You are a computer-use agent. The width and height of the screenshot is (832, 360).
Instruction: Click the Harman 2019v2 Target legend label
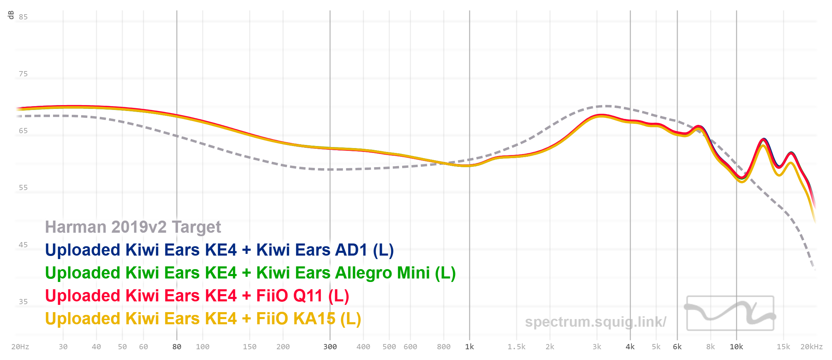(x=133, y=227)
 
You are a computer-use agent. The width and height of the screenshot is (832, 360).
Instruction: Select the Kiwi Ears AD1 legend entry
(x=219, y=250)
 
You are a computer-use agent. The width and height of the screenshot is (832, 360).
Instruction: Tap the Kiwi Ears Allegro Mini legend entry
(x=250, y=273)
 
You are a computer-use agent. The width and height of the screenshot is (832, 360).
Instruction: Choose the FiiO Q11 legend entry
(x=197, y=296)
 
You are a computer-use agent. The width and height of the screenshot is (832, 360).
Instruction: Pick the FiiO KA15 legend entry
(x=203, y=319)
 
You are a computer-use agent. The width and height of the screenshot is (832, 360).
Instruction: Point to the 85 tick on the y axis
(x=23, y=17)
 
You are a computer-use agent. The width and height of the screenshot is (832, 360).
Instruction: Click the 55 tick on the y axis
(x=23, y=188)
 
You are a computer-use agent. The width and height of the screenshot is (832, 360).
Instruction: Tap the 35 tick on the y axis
(x=23, y=302)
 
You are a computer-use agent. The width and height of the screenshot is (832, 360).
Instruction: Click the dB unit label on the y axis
(x=11, y=15)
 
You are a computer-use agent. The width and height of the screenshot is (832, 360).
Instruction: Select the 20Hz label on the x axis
(x=20, y=347)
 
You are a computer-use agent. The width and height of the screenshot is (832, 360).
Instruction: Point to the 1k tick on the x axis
(x=469, y=347)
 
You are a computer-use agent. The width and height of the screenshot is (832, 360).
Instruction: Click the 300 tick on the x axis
(x=330, y=347)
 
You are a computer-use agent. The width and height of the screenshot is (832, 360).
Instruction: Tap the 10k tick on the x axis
(x=736, y=347)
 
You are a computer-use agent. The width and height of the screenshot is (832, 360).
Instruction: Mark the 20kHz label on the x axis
(x=811, y=347)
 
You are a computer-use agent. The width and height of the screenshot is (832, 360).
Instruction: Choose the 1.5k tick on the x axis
(x=516, y=347)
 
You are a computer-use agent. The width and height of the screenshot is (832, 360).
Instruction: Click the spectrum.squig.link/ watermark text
(x=595, y=322)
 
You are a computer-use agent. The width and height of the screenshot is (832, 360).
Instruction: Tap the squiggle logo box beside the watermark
(x=730, y=313)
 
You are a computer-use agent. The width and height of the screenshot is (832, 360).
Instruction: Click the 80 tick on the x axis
(x=177, y=347)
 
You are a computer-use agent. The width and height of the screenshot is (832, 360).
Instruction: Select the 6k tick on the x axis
(x=677, y=347)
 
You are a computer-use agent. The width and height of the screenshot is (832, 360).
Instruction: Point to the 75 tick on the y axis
(x=23, y=74)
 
